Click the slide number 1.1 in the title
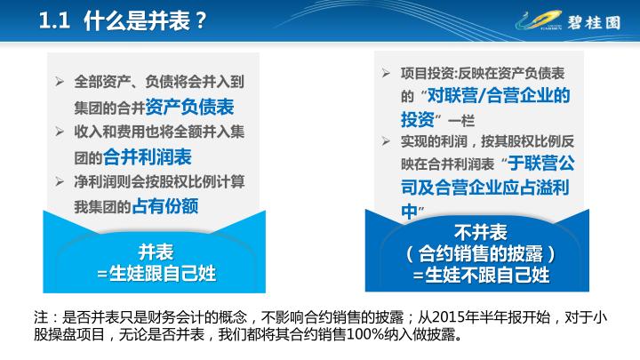coord(55,20)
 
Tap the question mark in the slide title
coord(200,20)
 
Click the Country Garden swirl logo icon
coord(539,20)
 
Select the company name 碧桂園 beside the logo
coord(595,22)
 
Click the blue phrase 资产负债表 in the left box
coord(189,107)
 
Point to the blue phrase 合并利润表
coord(148,156)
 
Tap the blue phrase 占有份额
coord(165,206)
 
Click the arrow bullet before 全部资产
coord(60,82)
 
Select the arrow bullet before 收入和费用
coord(60,132)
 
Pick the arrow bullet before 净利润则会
coord(60,181)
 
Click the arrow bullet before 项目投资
coord(386,73)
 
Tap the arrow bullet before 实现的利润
coord(386,141)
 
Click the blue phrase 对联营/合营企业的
coord(499,95)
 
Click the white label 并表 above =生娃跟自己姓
coord(156,252)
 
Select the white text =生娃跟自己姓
coord(156,274)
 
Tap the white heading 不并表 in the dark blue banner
coord(480,233)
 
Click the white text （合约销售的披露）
coord(480,254)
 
